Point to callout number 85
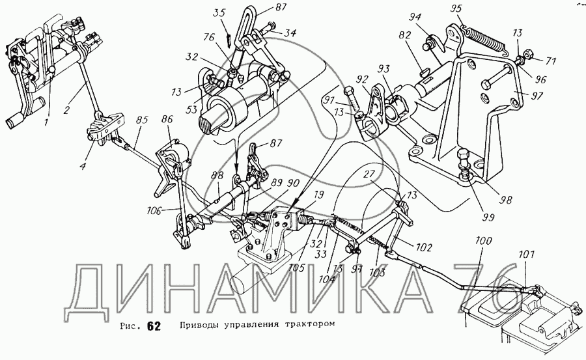(142, 120)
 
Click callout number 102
(425, 247)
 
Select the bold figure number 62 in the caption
(153, 326)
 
